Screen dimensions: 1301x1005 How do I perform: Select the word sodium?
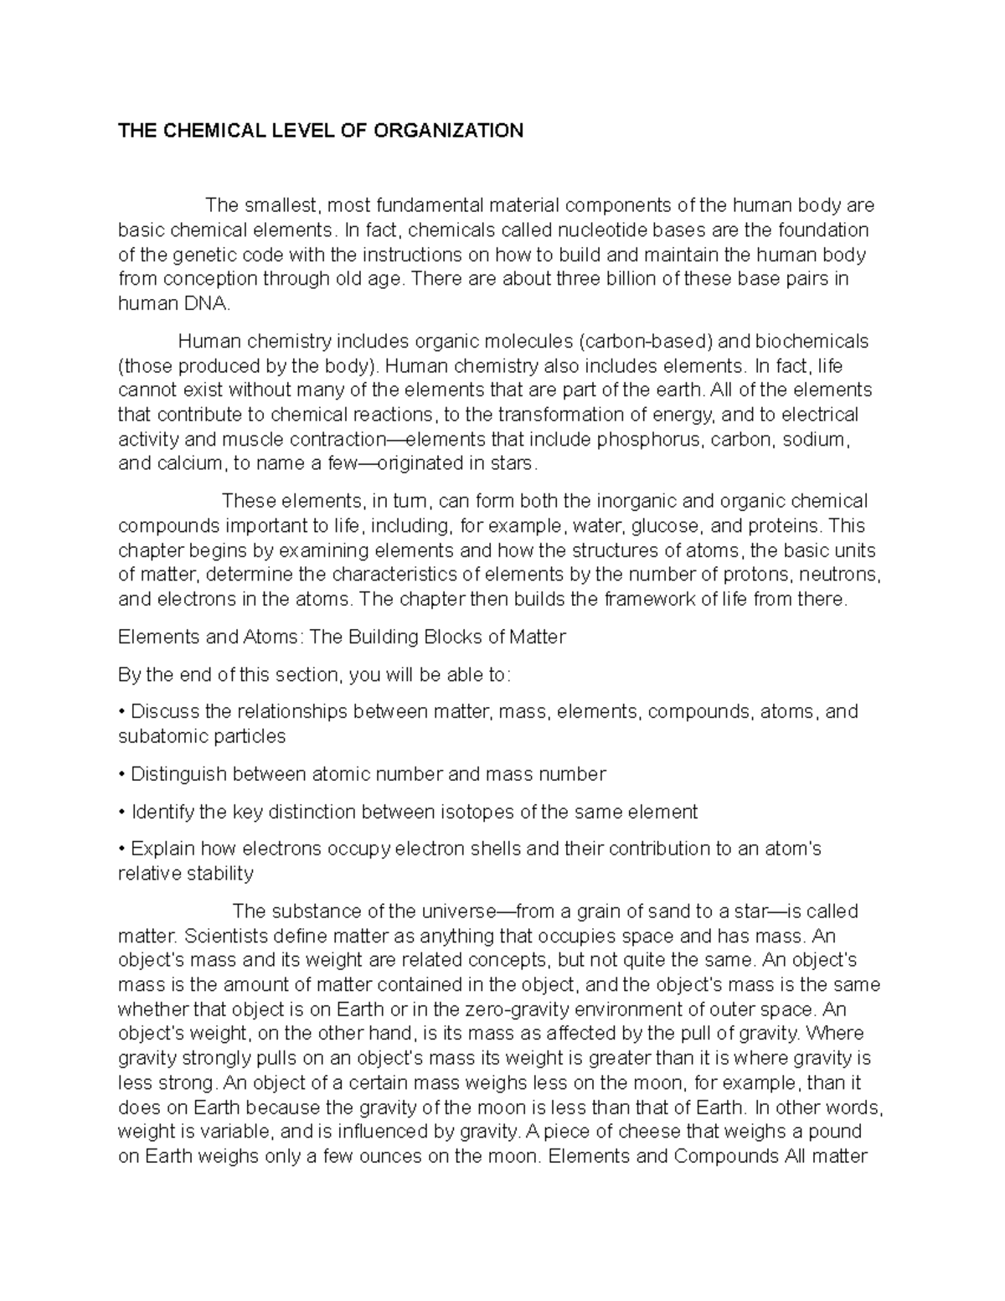[815, 440]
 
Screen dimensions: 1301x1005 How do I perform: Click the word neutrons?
[840, 575]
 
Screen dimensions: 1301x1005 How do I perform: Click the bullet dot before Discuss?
[122, 712]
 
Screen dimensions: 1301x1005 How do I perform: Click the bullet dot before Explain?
[122, 849]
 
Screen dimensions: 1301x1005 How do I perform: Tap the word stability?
[220, 874]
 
